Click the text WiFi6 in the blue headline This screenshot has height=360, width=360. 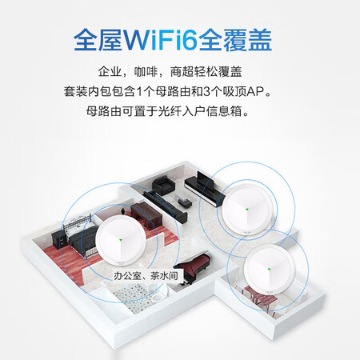tap(160, 40)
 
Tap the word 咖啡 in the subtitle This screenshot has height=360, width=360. tap(146, 71)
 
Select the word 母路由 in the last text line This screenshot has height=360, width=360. tap(103, 111)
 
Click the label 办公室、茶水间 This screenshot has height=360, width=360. tap(146, 275)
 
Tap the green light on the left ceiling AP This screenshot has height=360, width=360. tap(121, 241)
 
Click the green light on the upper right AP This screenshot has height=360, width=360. tap(247, 209)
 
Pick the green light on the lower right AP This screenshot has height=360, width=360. tap(269, 270)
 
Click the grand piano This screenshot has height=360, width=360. tap(194, 266)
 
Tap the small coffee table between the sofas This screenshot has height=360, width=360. tap(183, 200)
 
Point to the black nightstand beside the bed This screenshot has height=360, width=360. tap(58, 238)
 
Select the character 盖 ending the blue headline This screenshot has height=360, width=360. tap(260, 40)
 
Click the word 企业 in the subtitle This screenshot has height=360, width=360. tap(110, 71)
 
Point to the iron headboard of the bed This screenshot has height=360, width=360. tap(77, 222)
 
